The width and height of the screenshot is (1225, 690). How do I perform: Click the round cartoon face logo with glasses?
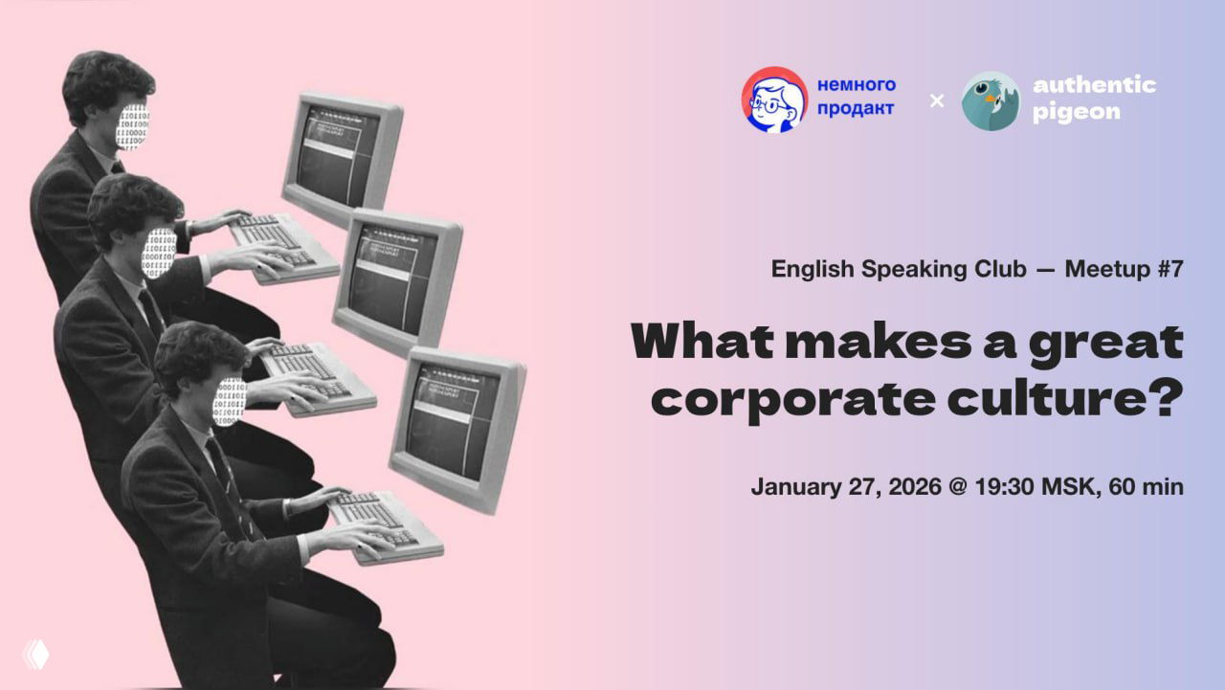coord(774,100)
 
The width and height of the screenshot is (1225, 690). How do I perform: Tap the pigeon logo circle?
coord(991,100)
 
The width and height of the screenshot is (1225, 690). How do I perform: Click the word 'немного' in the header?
coord(857,85)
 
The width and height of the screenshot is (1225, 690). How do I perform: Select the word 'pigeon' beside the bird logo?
coord(1076,112)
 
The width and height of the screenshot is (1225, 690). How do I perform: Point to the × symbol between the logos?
coord(937,100)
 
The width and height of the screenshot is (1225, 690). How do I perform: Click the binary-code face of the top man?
coord(133,126)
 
